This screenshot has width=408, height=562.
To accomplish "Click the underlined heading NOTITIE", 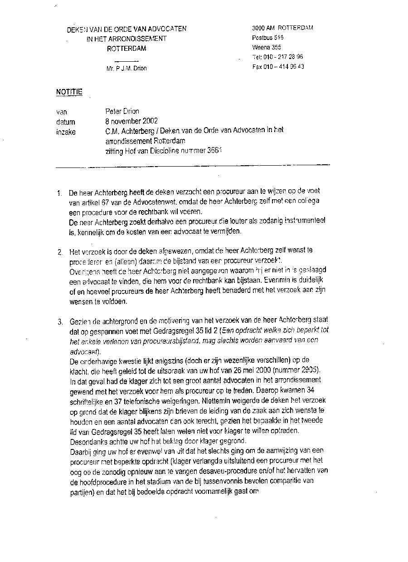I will pos(69,92).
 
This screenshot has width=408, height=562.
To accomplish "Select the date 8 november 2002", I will pos(131,121).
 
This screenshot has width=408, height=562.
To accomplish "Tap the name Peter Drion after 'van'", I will pos(122,111).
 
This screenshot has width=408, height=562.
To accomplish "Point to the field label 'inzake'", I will pos(66,132).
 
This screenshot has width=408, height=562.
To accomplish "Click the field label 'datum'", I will pos(66,122).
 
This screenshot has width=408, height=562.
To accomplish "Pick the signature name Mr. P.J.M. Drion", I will pos(126,69).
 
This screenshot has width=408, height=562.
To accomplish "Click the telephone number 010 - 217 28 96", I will pos(283,57).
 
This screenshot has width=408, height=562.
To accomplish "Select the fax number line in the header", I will pos(278,67).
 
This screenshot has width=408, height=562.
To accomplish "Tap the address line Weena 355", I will pos(267,47).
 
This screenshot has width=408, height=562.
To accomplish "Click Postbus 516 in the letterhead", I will pos(267,38).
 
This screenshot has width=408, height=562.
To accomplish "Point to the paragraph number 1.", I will pos(59,192).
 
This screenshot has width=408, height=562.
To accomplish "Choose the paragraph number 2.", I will pos(59,251).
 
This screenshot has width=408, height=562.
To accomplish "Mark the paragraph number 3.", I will pos(59,323).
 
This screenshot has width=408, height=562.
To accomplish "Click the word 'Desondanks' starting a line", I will pos(87,441).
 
